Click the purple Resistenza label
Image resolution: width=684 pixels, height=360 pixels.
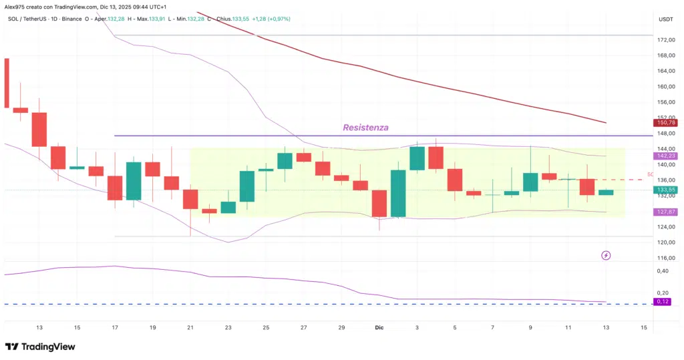tap(365, 127)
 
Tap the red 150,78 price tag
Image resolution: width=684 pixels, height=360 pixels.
tap(665, 123)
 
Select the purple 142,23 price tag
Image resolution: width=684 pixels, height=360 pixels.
tap(665, 156)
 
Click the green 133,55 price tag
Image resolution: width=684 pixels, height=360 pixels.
tap(665, 190)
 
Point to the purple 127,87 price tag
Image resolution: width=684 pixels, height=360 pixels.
tap(665, 212)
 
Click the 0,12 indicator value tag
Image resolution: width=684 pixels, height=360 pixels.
tap(663, 301)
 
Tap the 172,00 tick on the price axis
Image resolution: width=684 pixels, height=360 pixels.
tap(665, 40)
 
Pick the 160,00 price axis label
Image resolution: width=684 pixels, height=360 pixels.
tap(665, 87)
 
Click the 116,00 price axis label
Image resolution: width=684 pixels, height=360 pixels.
tap(665, 258)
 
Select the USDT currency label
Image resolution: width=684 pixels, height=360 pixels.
tap(665, 19)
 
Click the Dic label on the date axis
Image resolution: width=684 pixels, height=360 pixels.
tap(379, 327)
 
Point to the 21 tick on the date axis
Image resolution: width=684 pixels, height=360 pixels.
tap(190, 327)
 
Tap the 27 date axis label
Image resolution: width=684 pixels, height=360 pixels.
tap(304, 327)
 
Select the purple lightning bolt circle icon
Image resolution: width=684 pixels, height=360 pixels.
tap(606, 255)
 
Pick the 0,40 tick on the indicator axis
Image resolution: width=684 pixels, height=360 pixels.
tap(663, 271)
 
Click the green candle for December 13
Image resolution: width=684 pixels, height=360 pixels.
tap(606, 192)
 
